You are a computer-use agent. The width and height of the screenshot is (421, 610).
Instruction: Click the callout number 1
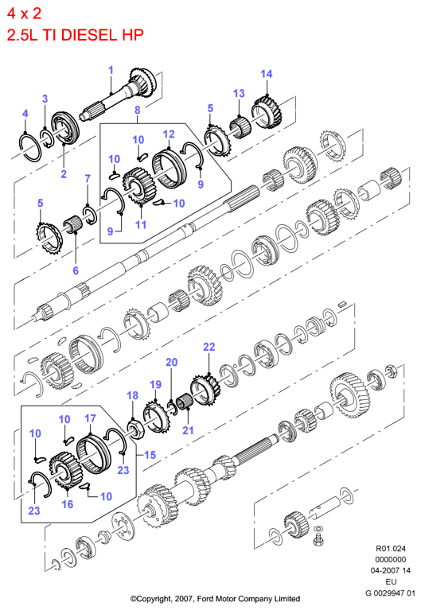[111, 71]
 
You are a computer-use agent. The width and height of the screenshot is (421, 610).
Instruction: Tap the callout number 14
[267, 74]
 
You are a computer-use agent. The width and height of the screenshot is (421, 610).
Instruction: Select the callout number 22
[209, 347]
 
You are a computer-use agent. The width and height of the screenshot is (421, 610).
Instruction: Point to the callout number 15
[150, 455]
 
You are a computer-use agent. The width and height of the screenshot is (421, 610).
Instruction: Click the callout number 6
[76, 270]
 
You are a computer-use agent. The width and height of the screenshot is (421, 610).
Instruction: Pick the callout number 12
[169, 134]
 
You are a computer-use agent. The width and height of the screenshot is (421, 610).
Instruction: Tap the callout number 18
[132, 395]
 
